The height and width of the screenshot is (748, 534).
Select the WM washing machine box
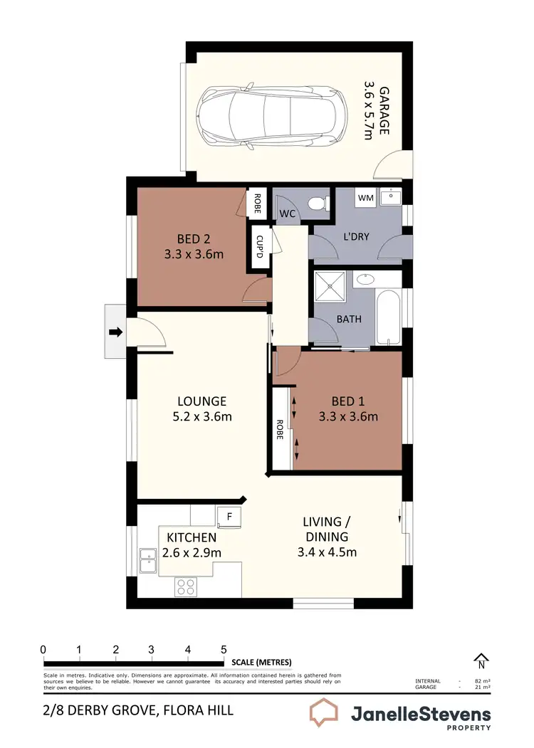[365, 198]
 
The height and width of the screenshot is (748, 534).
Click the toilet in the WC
[318, 204]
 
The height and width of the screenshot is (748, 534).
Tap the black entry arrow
[115, 332]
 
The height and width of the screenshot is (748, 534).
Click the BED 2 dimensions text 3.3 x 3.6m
[194, 253]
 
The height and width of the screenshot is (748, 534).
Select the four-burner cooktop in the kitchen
[187, 586]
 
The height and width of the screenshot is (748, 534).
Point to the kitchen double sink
[148, 561]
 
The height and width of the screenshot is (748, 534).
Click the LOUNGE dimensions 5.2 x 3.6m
[202, 417]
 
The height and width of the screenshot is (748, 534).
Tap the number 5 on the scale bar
[224, 649]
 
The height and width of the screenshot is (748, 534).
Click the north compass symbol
[481, 662]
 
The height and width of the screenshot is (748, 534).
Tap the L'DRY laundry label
[355, 236]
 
